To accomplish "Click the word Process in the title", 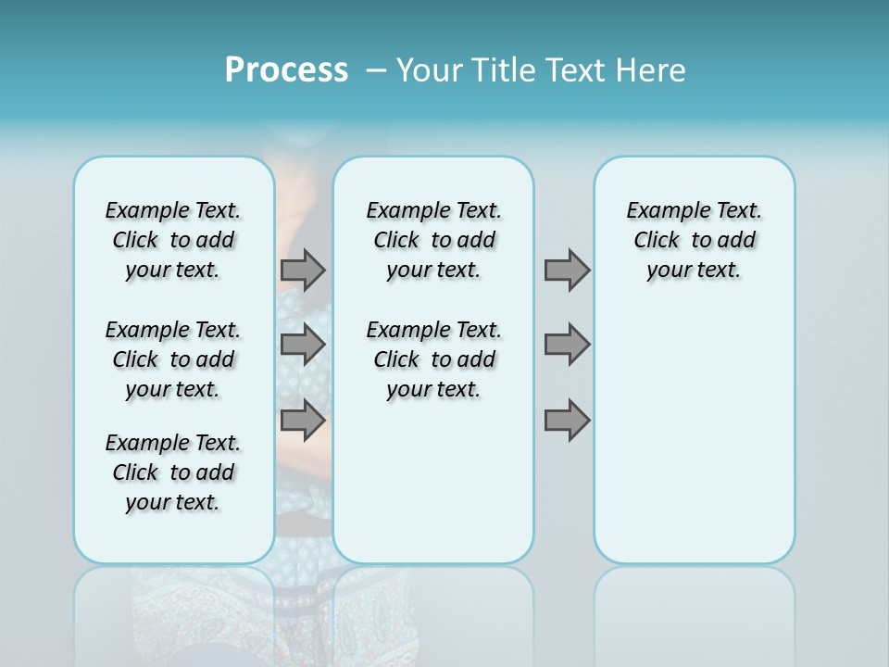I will click(286, 70).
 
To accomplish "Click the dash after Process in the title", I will click(375, 71).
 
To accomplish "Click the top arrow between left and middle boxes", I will click(303, 271).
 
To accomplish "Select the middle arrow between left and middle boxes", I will click(303, 345).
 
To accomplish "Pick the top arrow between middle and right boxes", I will click(567, 271).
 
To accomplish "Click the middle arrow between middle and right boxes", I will click(567, 345).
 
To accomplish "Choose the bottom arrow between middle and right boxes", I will click(567, 421).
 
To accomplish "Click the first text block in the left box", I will click(173, 240).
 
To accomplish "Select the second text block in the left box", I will click(173, 359).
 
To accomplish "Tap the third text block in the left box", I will click(173, 472).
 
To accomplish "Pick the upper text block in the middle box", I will click(433, 240).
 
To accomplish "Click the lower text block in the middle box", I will click(433, 359).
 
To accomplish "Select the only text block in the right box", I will click(695, 240).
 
